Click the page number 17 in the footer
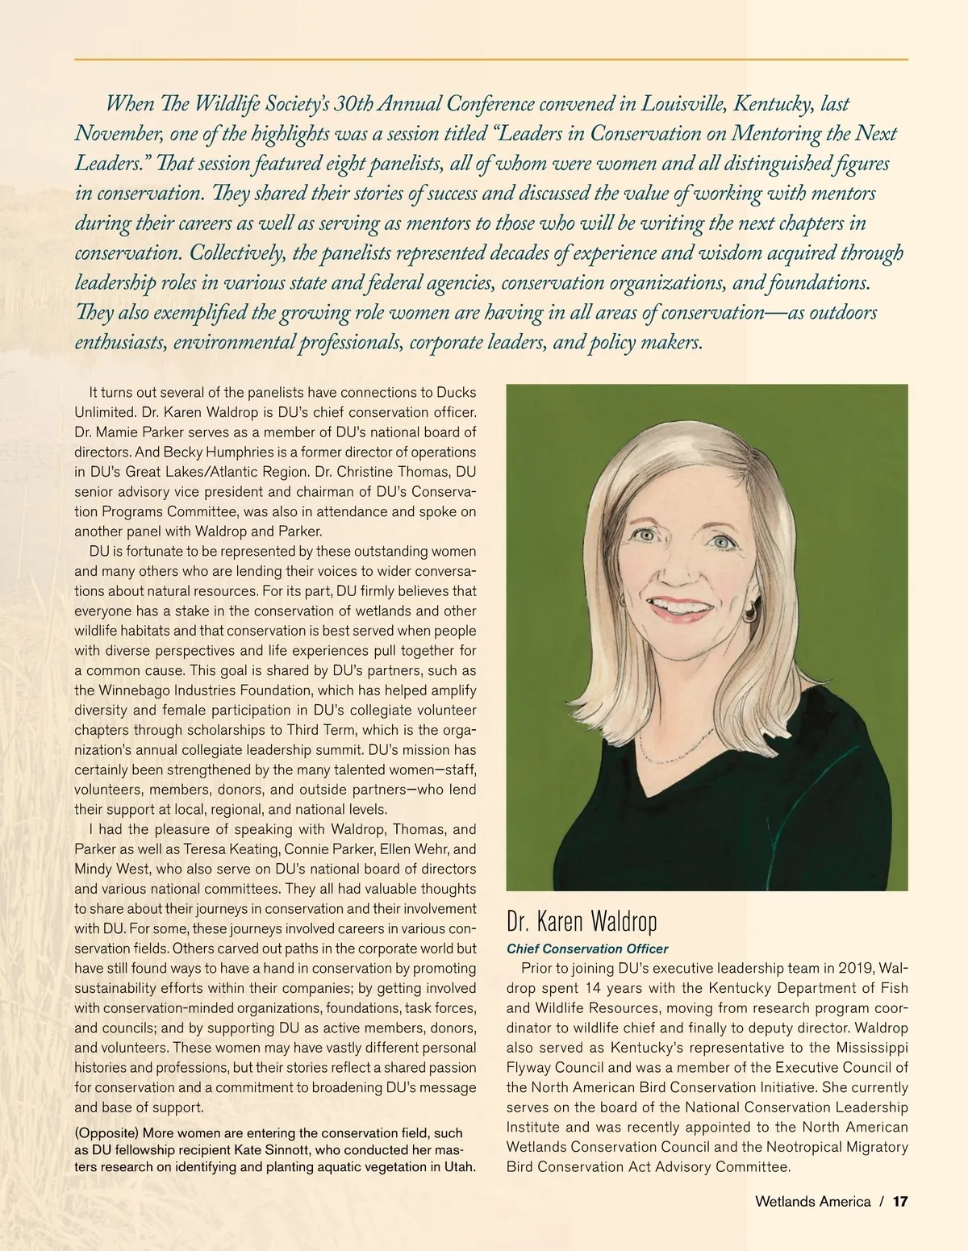(x=900, y=1202)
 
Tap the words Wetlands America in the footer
(x=812, y=1202)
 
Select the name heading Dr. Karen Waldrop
(x=582, y=921)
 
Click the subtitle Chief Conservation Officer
(x=586, y=949)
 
